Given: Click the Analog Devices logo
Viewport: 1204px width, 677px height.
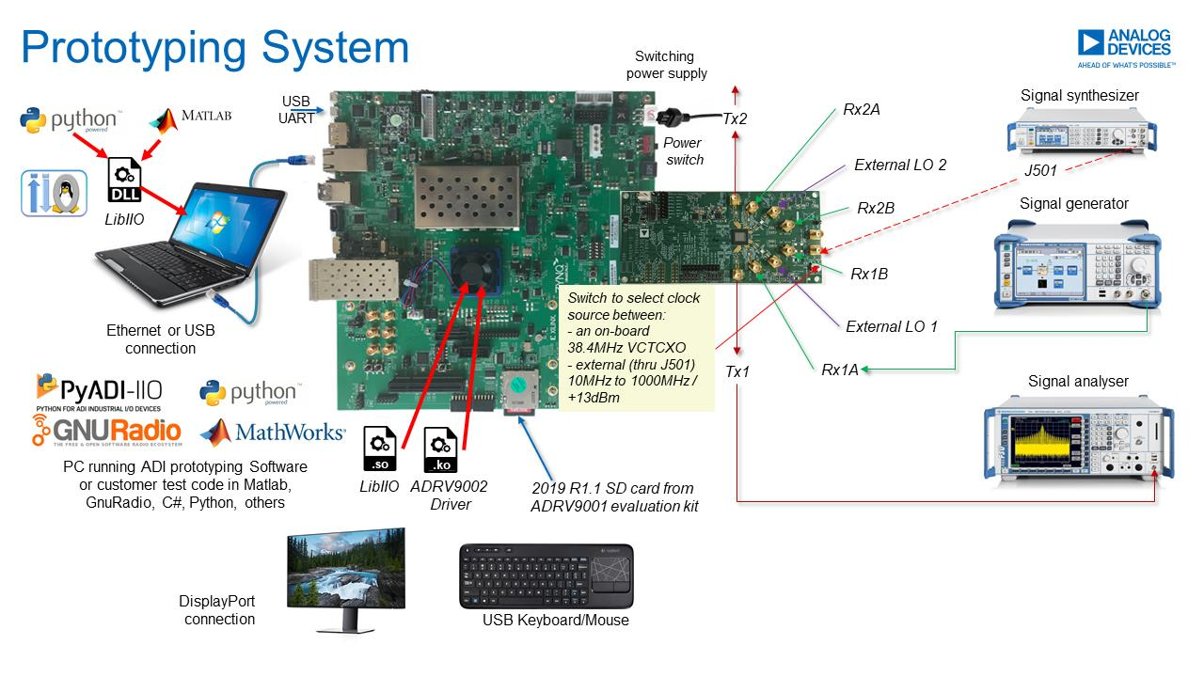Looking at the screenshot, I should (1126, 48).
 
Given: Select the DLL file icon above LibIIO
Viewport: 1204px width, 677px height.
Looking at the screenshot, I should (125, 180).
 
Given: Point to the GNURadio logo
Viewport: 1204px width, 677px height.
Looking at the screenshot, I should (108, 431).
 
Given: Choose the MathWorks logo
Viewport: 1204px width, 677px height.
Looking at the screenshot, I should (273, 432).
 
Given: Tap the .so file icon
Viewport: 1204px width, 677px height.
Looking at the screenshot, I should (379, 449).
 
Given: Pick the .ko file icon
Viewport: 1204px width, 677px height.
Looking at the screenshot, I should (442, 449).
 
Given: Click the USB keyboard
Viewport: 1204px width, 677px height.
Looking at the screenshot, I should (546, 575).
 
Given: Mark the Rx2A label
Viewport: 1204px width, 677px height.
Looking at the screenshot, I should (862, 110).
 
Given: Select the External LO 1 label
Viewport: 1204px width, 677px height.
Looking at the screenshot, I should (892, 327).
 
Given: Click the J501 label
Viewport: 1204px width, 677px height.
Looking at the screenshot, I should (1041, 171).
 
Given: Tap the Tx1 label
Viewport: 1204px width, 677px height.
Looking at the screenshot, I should (737, 371).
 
